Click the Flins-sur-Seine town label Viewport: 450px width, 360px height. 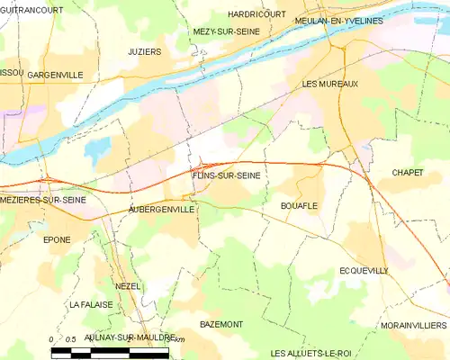[226, 176]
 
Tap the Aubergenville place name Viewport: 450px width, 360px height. [162, 209]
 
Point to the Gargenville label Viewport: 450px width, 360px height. [56, 75]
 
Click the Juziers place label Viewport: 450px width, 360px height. [145, 52]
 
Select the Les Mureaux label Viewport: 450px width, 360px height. [330, 84]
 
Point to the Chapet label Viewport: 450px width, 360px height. [408, 172]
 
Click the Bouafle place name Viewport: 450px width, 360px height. [300, 205]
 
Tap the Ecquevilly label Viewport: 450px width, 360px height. [364, 270]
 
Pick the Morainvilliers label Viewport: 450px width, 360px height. [413, 325]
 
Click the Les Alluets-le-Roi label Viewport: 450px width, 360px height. [310, 352]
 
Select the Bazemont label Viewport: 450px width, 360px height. [221, 322]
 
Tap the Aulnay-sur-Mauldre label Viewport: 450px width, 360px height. [118, 336]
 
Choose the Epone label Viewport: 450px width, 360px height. [57, 240]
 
